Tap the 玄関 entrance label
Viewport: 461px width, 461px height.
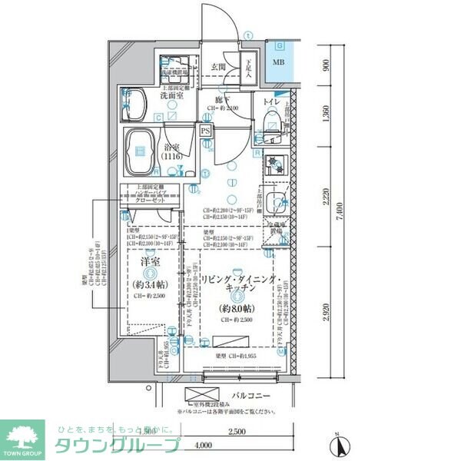tap(219, 68)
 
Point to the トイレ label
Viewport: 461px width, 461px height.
tap(270, 102)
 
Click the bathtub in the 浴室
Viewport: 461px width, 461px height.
tap(141, 151)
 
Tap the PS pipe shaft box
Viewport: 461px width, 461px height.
tap(205, 131)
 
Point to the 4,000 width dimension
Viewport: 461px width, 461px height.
tap(204, 445)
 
